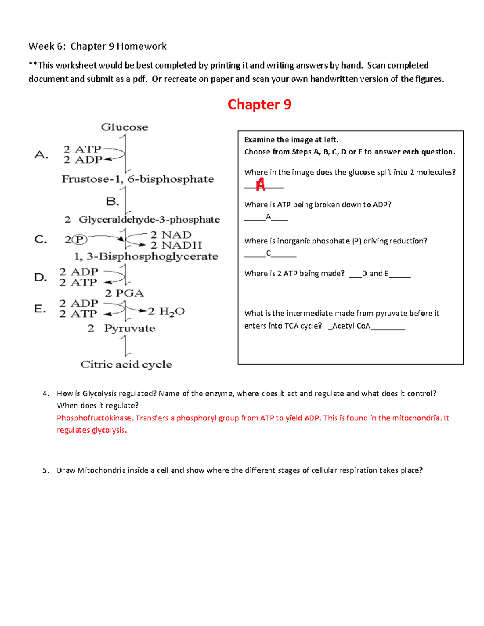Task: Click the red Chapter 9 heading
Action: [x=259, y=104]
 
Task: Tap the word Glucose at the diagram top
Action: [x=124, y=127]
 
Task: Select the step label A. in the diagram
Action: [x=41, y=155]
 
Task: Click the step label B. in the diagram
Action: [x=112, y=201]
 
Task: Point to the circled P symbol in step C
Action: [x=79, y=239]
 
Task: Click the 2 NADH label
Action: [x=176, y=245]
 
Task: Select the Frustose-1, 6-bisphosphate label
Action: [x=138, y=179]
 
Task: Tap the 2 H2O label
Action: [x=166, y=311]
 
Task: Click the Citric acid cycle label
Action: [x=126, y=364]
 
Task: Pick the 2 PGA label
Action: [x=124, y=293]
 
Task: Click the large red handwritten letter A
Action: [x=261, y=185]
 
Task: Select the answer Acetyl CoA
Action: [x=351, y=326]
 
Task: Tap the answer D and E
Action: [x=375, y=273]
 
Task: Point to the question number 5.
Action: [x=46, y=470]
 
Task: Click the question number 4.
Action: [x=46, y=393]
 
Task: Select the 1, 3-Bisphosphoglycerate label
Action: [x=146, y=256]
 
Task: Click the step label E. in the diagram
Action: [x=40, y=309]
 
